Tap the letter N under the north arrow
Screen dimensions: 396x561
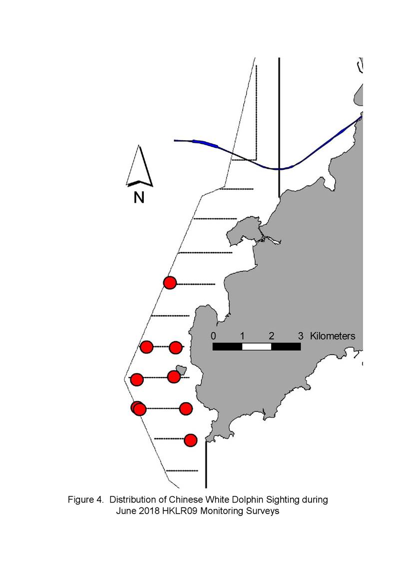click(139, 197)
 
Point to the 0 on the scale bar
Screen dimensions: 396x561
click(213, 336)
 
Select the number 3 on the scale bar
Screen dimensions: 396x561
click(301, 336)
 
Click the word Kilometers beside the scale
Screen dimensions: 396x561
click(333, 336)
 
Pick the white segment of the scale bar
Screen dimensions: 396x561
click(257, 347)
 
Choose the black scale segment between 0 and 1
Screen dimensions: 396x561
click(228, 347)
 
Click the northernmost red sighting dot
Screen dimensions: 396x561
click(170, 283)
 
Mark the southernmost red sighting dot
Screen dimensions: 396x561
click(191, 440)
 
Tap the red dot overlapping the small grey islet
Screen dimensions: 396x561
click(174, 376)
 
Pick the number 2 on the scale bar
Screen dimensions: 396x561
click(272, 336)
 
